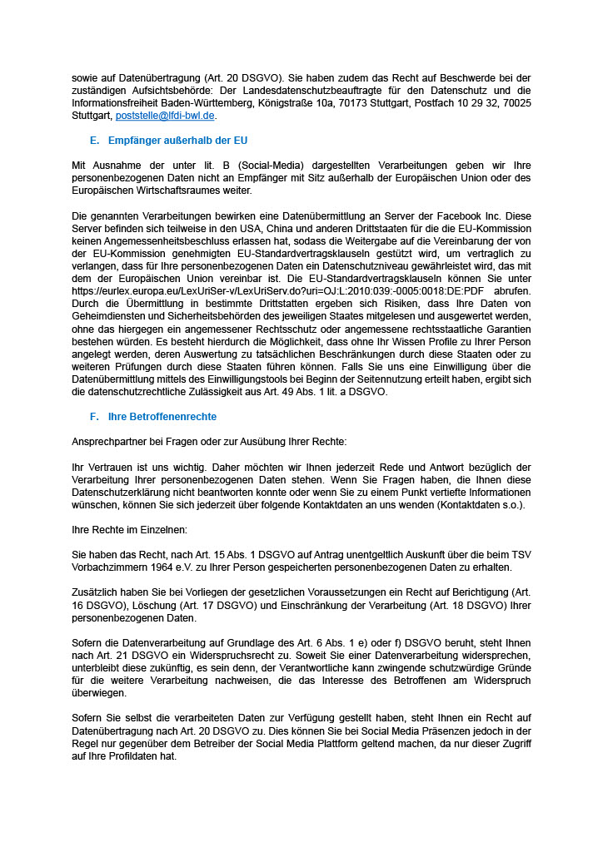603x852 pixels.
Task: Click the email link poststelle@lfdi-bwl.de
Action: (166, 116)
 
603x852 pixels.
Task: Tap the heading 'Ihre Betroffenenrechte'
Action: (162, 415)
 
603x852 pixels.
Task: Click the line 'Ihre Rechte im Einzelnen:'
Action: (129, 529)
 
